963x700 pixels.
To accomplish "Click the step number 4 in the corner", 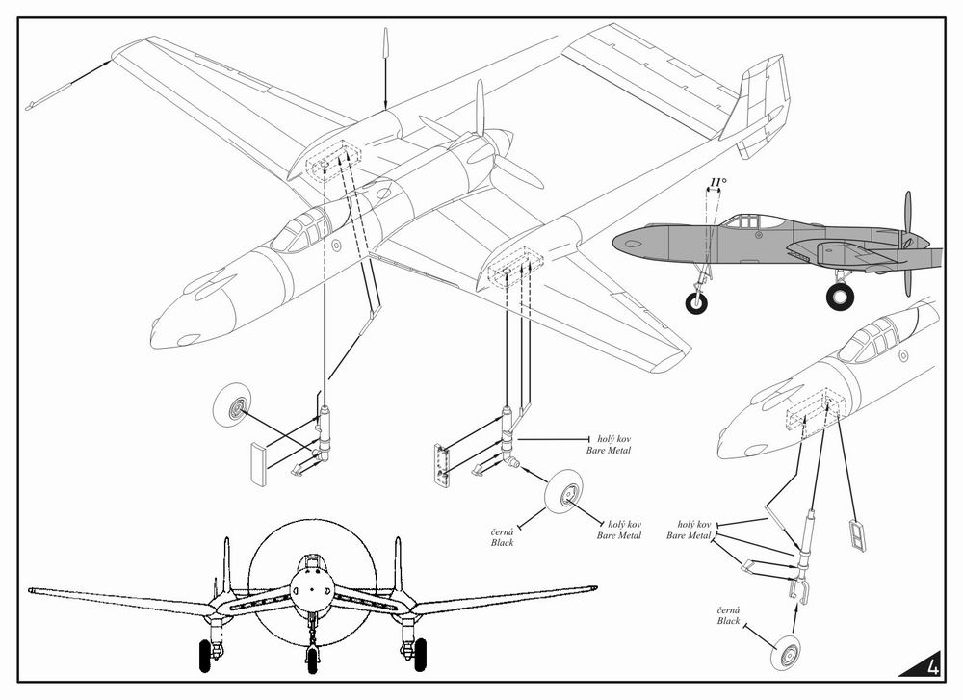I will [x=931, y=665].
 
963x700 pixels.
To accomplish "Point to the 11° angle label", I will [x=716, y=181].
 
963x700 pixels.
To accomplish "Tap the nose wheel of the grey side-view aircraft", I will [x=695, y=303].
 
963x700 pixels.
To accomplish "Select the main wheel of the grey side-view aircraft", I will [x=840, y=296].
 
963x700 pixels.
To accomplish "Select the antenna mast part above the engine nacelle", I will [x=385, y=43].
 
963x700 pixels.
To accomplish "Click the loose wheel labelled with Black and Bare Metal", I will [x=564, y=494].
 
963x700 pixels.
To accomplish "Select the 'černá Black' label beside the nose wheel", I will [x=728, y=616].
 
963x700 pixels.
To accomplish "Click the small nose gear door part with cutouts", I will [x=856, y=535].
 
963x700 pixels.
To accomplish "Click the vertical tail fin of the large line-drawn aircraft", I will [x=760, y=101].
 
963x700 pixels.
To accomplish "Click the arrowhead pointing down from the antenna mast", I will [x=385, y=104].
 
